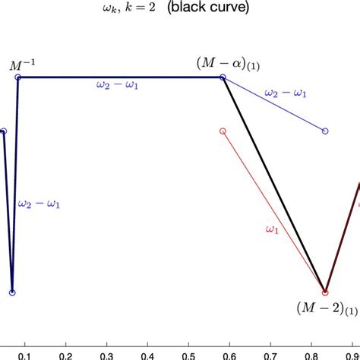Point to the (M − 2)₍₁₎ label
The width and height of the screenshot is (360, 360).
point(327,308)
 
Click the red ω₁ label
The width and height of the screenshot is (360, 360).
point(270,229)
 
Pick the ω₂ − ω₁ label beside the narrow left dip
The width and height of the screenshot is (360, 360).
point(39,204)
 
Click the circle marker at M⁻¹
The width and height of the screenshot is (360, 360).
point(18,77)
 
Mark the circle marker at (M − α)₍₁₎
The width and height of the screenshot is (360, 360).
point(223,77)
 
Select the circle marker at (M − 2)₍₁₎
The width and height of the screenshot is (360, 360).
point(325,292)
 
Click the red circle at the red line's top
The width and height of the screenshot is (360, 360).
point(223,131)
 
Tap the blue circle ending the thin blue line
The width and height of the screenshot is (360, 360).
point(325,131)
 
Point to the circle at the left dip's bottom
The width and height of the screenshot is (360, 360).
point(12,292)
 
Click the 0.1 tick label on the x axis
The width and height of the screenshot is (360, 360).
point(25,355)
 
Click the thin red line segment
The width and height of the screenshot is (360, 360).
point(273,211)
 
